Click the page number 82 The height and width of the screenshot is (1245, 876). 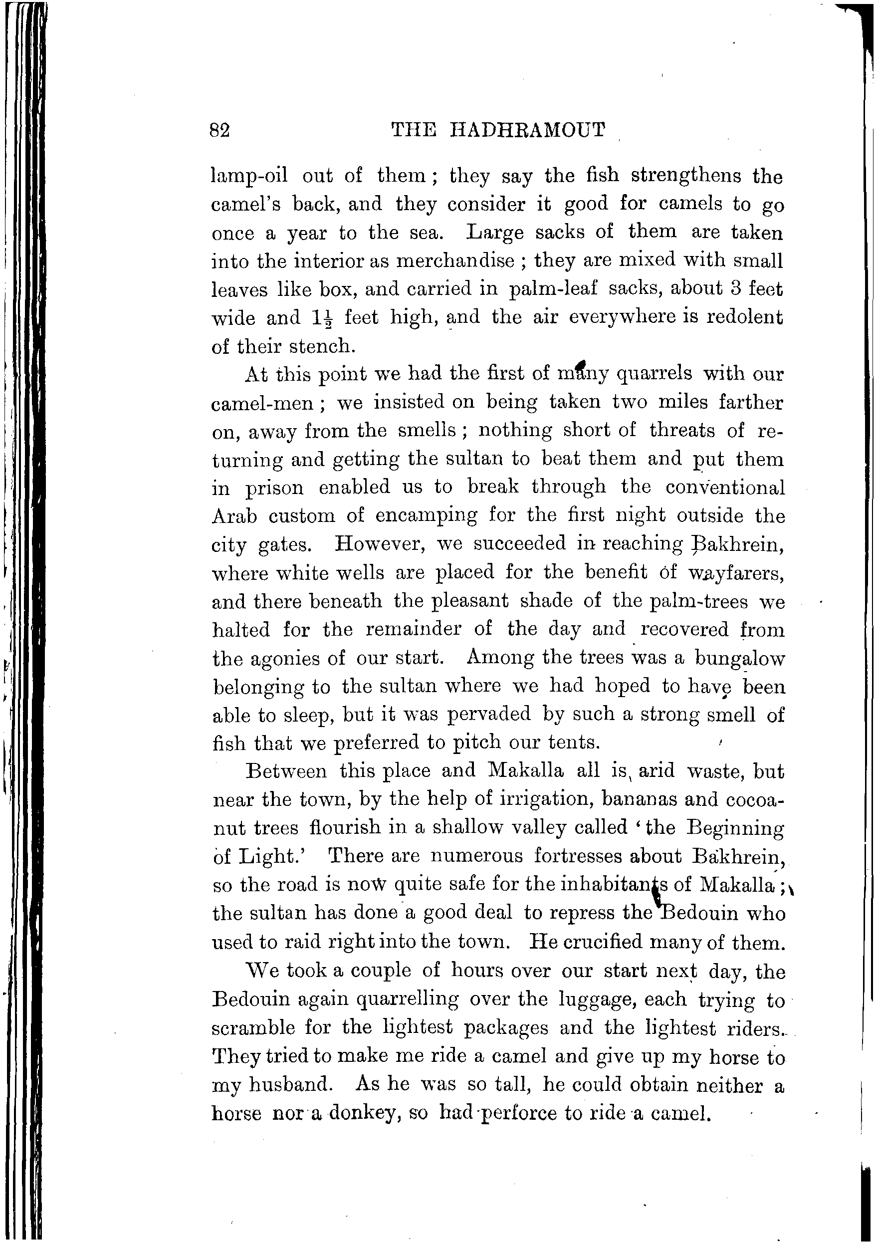[x=219, y=131]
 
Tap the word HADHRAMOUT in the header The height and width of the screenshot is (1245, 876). [x=527, y=130]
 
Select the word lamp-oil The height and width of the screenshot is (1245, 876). [x=249, y=177]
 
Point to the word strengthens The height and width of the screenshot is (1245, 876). [x=686, y=176]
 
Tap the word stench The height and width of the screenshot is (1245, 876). [x=319, y=346]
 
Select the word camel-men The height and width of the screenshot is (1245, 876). [x=262, y=403]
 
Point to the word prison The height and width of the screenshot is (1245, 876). [x=274, y=488]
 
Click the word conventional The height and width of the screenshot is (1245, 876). [x=725, y=487]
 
